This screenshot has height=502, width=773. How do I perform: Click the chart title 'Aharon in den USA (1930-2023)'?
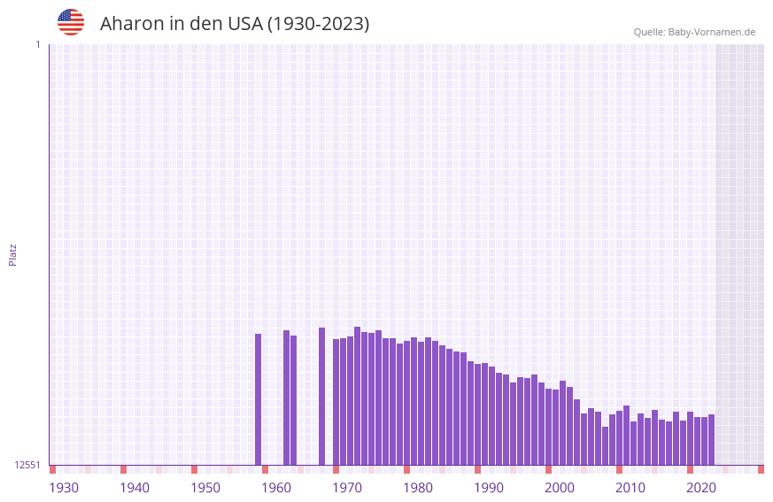(x=235, y=24)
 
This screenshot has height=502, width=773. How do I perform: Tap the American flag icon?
(x=71, y=22)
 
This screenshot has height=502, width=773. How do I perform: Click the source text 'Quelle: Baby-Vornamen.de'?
(x=694, y=32)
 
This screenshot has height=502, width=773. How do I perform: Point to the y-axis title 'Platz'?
(x=12, y=254)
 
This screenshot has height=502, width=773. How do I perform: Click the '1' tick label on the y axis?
(x=38, y=44)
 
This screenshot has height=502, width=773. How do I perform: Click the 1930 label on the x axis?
(x=64, y=488)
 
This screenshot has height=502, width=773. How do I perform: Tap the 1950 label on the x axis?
(x=205, y=488)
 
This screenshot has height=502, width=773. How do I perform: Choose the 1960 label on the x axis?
(x=276, y=488)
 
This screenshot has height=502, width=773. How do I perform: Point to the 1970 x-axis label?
(x=347, y=488)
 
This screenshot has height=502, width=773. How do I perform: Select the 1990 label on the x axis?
(x=489, y=488)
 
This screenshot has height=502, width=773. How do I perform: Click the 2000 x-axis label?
(x=560, y=488)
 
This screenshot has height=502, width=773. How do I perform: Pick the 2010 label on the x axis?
(x=630, y=488)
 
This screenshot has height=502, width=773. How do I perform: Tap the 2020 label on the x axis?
(x=701, y=488)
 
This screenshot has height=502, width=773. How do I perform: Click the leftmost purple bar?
(x=258, y=398)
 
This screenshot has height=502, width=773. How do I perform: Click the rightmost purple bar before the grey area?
(x=711, y=439)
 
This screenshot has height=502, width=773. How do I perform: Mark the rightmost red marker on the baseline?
(x=761, y=469)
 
